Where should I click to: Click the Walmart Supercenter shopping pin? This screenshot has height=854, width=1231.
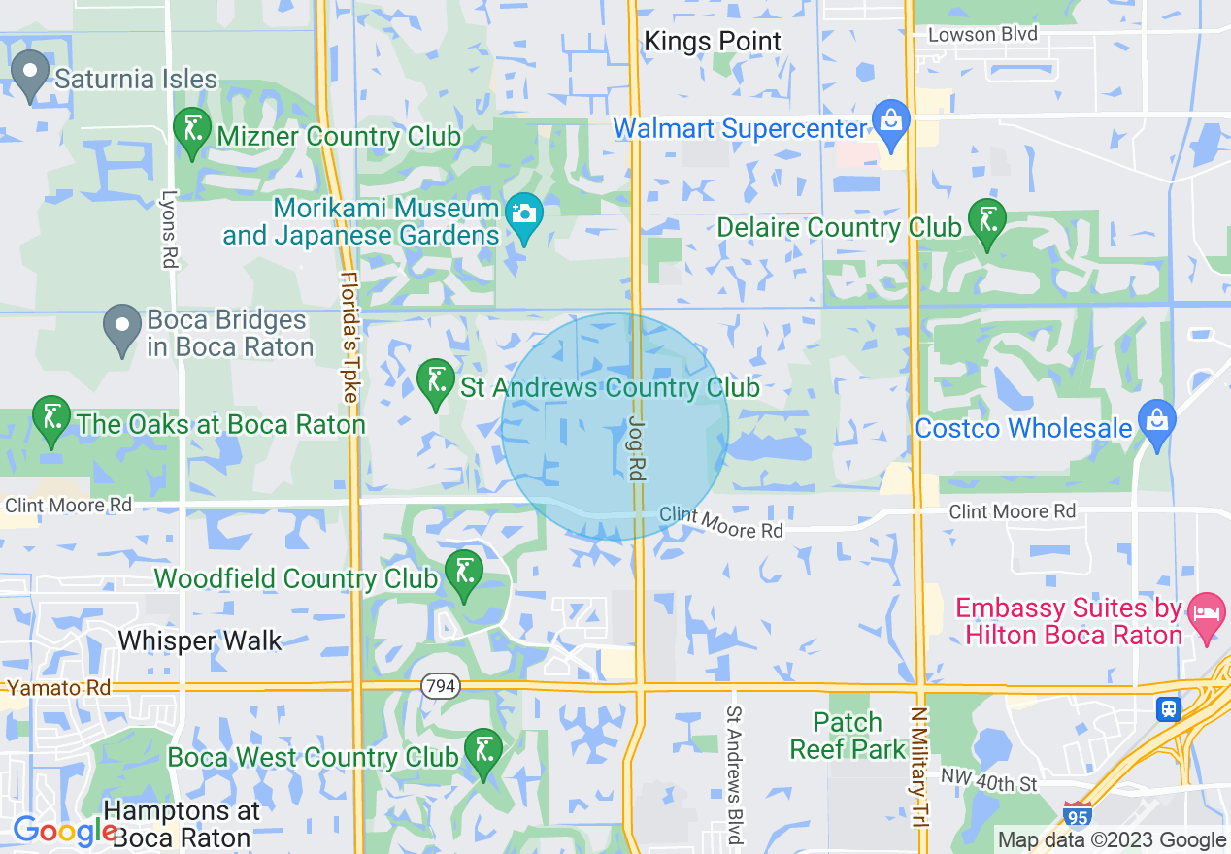point(890,123)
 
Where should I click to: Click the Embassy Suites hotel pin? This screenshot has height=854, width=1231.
point(1207,615)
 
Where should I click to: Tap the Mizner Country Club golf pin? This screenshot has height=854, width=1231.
point(191,130)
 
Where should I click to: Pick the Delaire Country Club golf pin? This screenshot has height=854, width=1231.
point(987,221)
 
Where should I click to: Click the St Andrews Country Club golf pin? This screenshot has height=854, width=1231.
point(435,381)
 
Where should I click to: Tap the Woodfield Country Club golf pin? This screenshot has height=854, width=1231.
point(463,573)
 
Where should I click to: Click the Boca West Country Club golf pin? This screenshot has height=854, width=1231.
point(482,751)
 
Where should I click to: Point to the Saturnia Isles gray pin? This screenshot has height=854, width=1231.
point(30,73)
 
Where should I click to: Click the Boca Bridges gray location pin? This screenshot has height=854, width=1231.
point(122,327)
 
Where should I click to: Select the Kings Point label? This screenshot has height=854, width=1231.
point(713,42)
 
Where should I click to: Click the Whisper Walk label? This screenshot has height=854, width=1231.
point(200,640)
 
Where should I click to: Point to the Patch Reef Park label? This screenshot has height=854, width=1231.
point(848,736)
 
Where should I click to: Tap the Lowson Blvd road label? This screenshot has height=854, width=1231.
point(982,34)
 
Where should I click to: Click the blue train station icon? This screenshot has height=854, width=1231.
point(1170,709)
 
